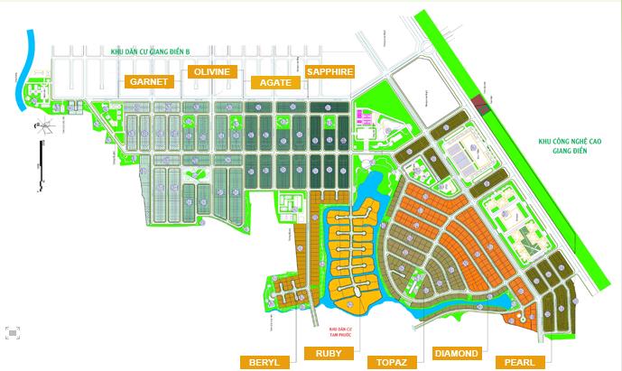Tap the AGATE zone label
coord(274,81)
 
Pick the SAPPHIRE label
coord(330,71)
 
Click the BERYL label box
coord(265,362)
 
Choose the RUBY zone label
coord(329,352)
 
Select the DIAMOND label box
coord(457,352)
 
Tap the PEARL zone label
coord(520,362)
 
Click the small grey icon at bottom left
coord(12,331)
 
